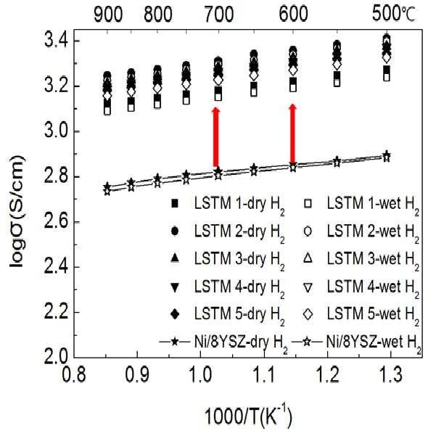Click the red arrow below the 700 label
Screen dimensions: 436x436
215,137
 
